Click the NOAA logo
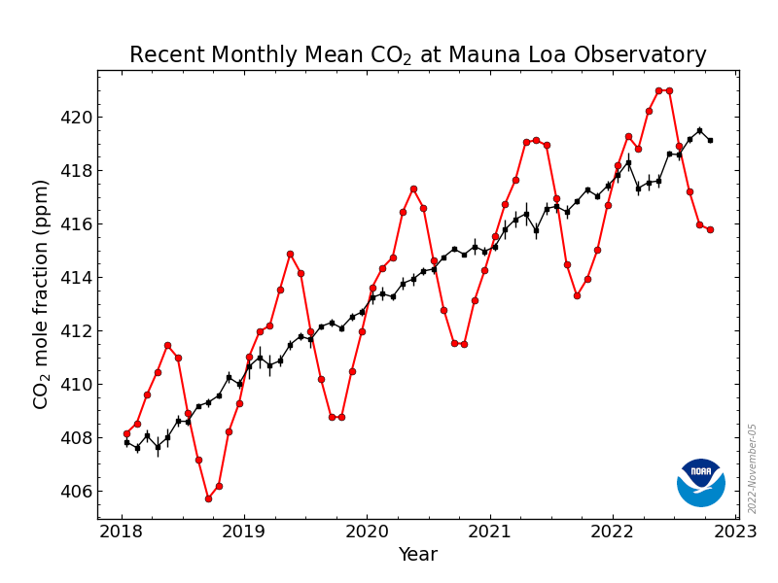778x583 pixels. pyautogui.click(x=701, y=482)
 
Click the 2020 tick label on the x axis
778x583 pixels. pyautogui.click(x=367, y=531)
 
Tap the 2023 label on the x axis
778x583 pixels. pyautogui.click(x=736, y=531)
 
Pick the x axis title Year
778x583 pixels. pyautogui.click(x=418, y=555)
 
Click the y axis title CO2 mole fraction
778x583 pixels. pyautogui.click(x=41, y=293)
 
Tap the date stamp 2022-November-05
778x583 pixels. pyautogui.click(x=752, y=468)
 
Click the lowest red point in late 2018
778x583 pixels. pyautogui.click(x=208, y=498)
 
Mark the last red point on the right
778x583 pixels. pyautogui.click(x=710, y=229)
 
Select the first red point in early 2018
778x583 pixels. pyautogui.click(x=126, y=433)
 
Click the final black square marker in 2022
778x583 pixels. pyautogui.click(x=710, y=140)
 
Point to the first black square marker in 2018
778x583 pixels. pyautogui.click(x=126, y=442)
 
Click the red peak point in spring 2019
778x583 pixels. pyautogui.click(x=290, y=254)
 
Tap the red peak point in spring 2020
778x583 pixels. pyautogui.click(x=413, y=189)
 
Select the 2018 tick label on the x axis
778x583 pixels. pyautogui.click(x=121, y=531)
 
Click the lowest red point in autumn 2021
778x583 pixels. pyautogui.click(x=577, y=295)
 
